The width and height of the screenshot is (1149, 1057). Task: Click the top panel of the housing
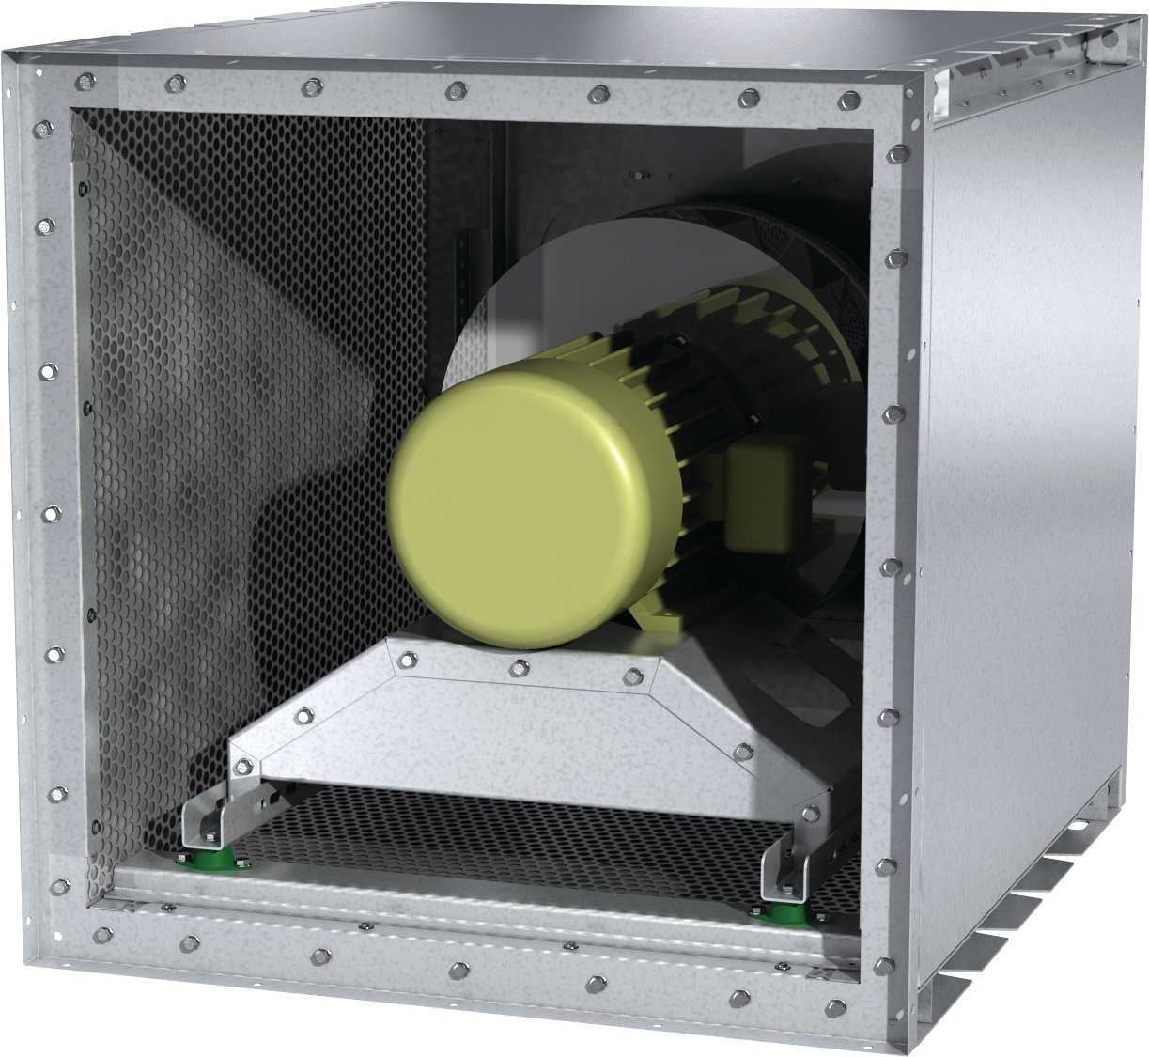pos(564,38)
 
